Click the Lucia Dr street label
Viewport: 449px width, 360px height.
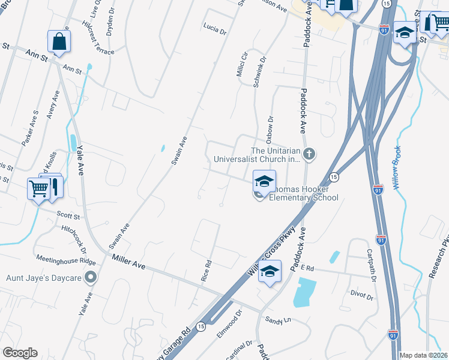pos(214,28)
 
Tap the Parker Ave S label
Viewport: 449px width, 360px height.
pos(29,127)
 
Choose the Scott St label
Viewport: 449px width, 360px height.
pos(68,215)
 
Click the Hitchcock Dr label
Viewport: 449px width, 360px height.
pos(75,239)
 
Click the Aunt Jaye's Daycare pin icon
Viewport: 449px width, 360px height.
pos(91,277)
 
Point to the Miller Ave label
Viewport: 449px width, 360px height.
pos(129,260)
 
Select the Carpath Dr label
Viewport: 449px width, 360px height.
pos(370,266)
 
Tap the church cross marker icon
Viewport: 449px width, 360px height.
pos(309,155)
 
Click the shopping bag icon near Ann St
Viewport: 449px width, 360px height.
pos(59,41)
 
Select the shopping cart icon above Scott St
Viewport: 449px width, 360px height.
pos(38,189)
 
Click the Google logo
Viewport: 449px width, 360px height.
pos(20,353)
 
